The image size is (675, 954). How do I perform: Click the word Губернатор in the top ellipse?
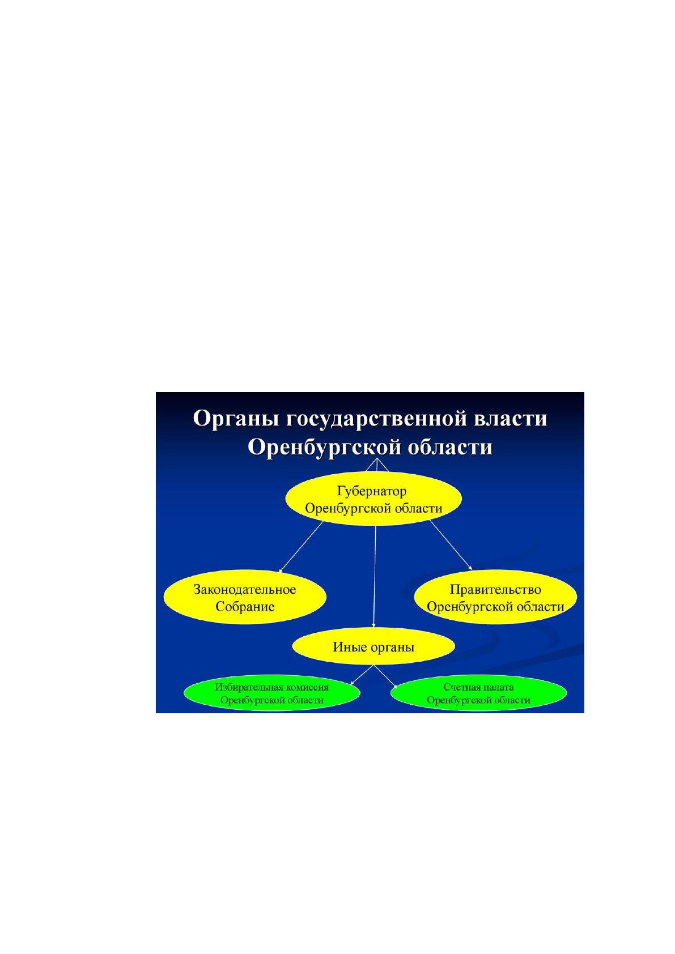coord(372,491)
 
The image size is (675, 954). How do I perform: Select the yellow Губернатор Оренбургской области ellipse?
coord(373,499)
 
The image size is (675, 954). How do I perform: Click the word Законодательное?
coord(245,589)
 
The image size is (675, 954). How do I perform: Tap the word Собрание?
coord(245,607)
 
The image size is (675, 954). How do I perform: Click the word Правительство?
coord(495,589)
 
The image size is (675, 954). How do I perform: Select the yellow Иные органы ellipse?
coord(373,647)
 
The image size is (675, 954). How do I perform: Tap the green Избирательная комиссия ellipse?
coord(272,693)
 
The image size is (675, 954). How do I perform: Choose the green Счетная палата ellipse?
coord(478,693)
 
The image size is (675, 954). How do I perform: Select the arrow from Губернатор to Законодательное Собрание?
coord(301,547)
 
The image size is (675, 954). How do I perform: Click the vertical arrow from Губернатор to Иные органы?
coord(375,577)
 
